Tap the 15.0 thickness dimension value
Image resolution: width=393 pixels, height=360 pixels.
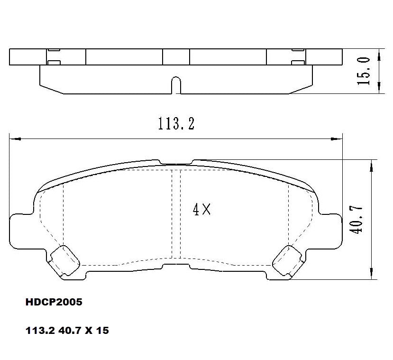tap(365, 71)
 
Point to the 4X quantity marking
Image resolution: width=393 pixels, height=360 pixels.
tap(201, 209)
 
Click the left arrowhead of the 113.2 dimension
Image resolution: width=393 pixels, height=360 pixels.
tap(14, 139)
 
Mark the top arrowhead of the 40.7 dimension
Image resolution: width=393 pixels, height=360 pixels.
tap(372, 164)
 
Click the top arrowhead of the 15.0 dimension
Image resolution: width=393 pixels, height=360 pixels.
tap(379, 54)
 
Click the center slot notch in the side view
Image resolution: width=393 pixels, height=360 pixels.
tap(176, 85)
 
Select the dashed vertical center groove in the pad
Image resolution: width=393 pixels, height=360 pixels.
tap(176, 213)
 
